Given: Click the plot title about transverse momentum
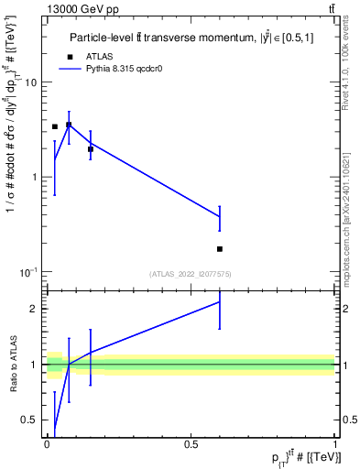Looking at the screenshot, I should (196, 38).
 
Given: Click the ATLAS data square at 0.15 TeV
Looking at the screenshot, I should (90, 148).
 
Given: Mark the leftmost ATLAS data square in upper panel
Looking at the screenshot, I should (55, 126).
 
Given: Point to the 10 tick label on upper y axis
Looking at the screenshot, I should (29, 82).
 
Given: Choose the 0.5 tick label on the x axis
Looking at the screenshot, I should (191, 444).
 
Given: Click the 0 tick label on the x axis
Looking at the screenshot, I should (48, 444).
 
